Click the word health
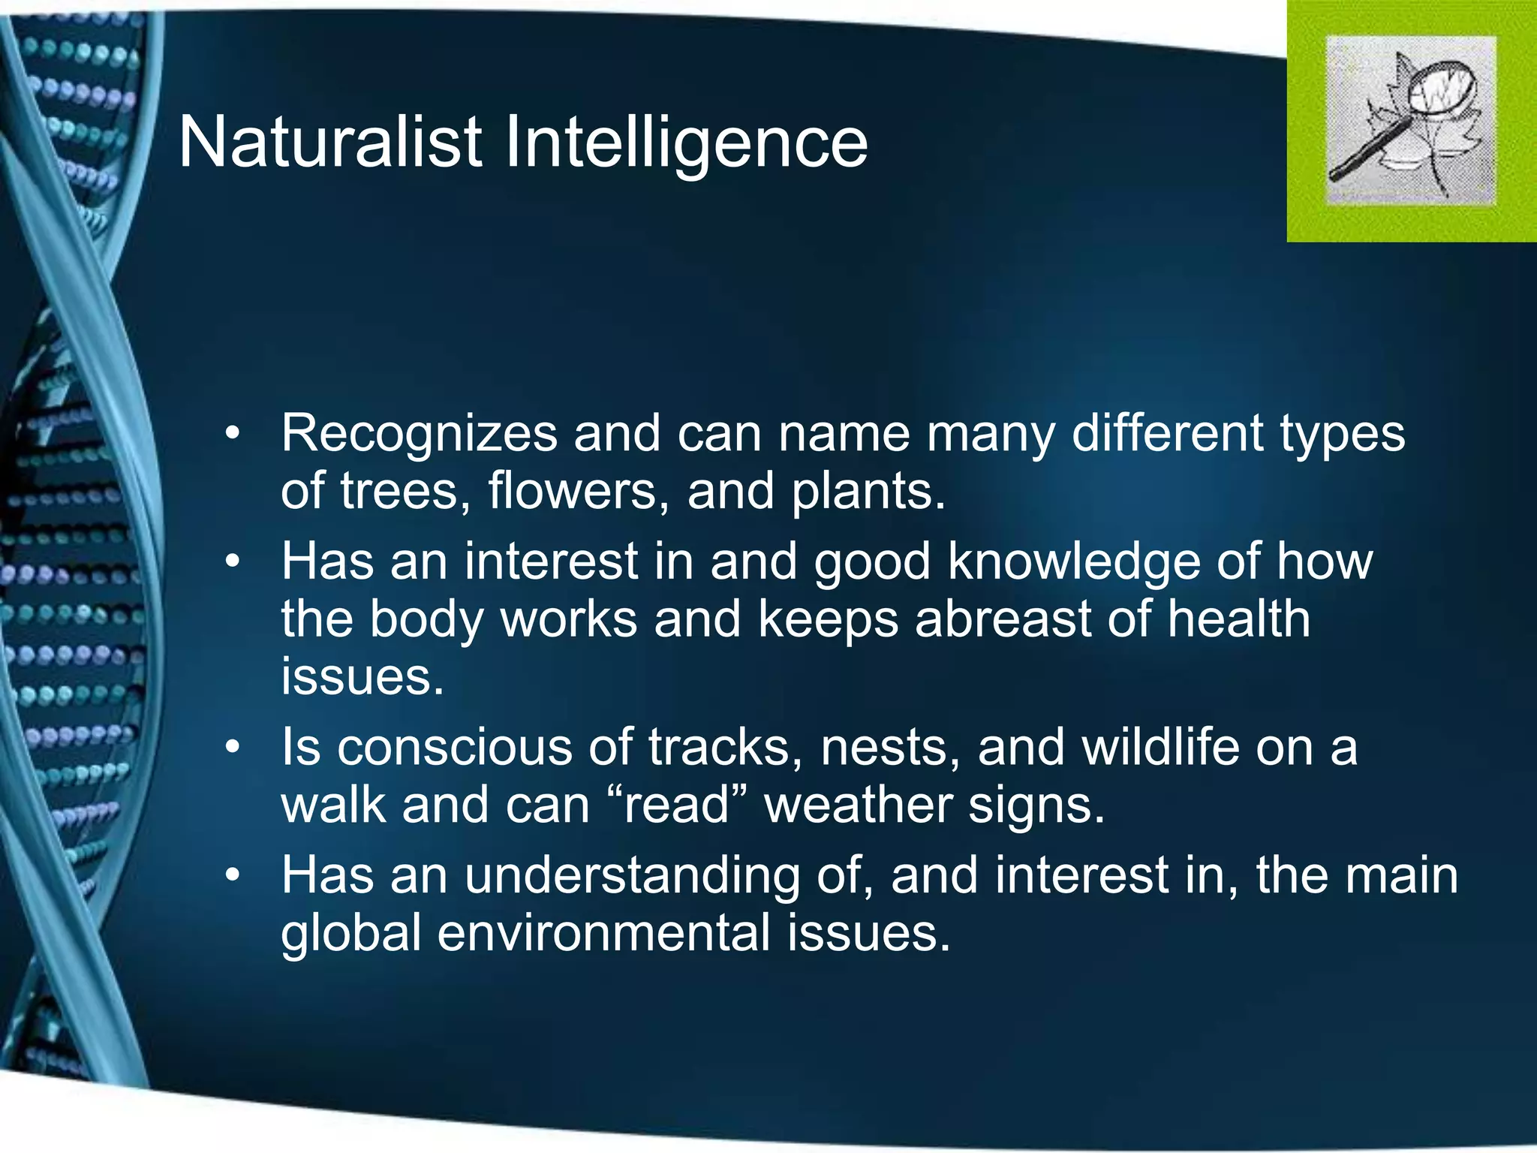(x=1238, y=620)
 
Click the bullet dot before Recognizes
(x=233, y=434)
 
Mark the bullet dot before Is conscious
(x=233, y=748)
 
